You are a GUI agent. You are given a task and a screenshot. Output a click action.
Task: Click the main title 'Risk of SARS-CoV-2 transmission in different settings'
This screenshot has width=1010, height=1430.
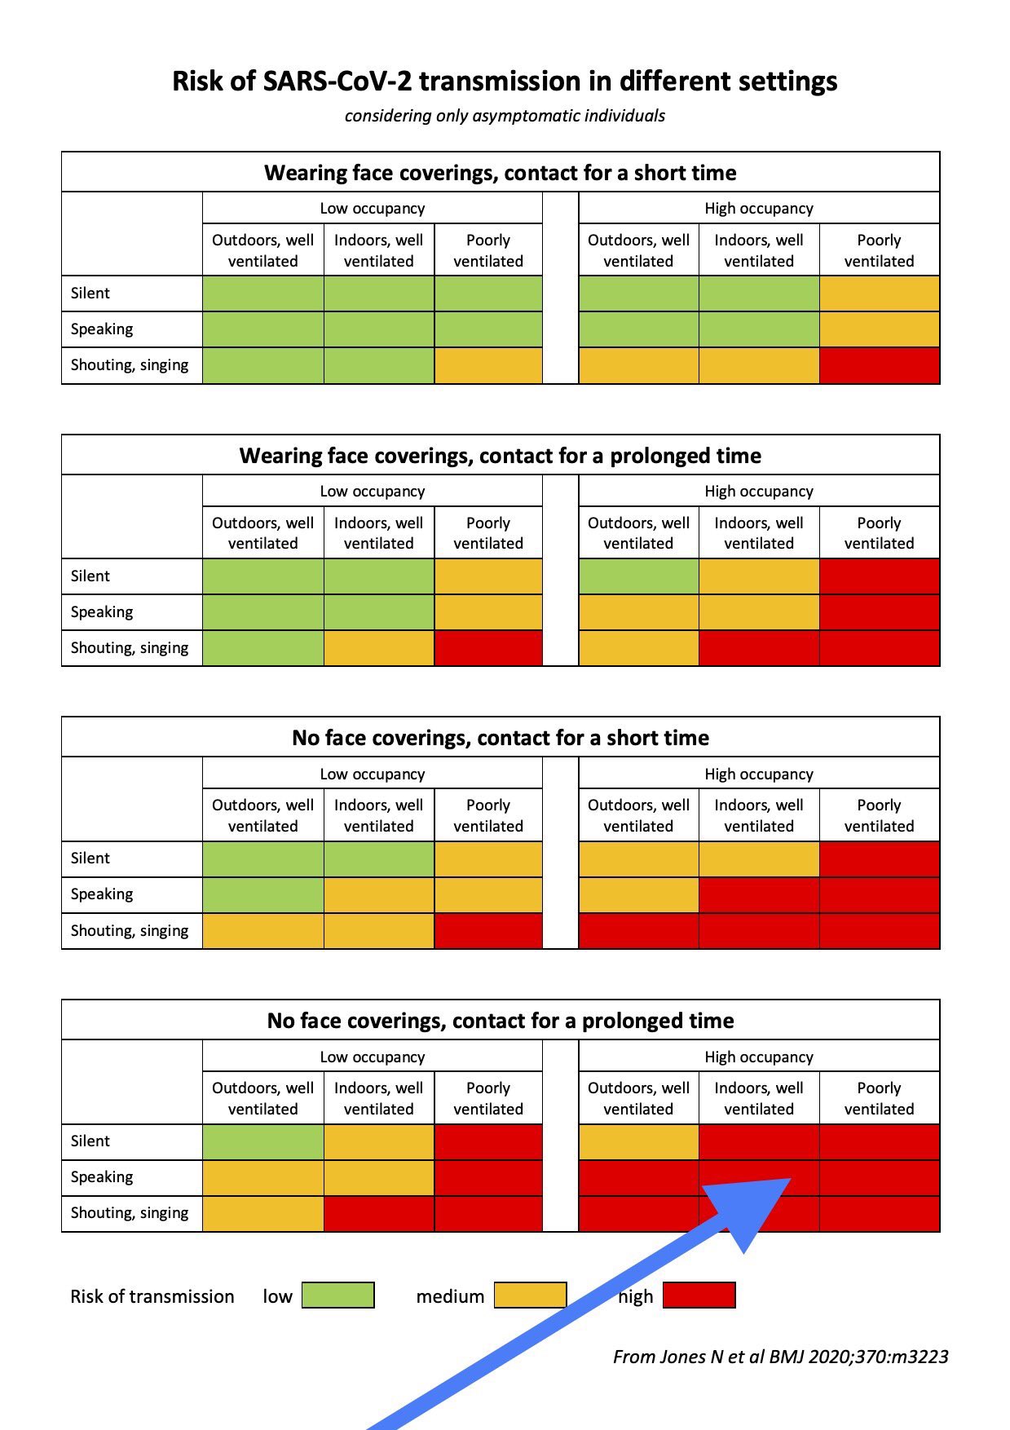point(505,82)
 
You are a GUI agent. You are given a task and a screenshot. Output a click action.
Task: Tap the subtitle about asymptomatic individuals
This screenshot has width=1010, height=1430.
point(505,116)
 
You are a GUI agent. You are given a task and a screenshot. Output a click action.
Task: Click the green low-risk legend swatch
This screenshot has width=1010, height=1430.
point(337,1295)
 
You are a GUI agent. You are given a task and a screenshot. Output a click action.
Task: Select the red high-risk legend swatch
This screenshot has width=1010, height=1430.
point(699,1295)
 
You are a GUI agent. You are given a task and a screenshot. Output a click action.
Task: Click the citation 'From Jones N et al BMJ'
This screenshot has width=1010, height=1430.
point(780,1357)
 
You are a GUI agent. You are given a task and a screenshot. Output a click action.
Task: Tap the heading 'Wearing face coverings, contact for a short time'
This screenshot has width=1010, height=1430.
point(500,173)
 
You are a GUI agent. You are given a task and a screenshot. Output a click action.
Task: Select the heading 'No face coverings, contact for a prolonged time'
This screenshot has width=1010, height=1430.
point(500,1021)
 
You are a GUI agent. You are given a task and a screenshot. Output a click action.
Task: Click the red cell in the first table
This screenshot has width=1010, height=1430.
point(879,366)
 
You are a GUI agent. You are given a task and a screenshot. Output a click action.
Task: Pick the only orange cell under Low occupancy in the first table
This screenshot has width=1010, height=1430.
point(487,366)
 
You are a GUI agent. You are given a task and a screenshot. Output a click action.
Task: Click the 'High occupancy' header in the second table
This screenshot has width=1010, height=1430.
point(758,491)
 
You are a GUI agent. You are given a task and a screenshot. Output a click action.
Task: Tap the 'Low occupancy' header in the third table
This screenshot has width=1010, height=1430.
point(372,774)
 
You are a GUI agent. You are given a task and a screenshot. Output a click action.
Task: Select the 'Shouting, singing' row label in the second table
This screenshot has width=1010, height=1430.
point(130,648)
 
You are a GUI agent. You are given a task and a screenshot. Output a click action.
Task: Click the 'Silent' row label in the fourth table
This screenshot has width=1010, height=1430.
point(90,1141)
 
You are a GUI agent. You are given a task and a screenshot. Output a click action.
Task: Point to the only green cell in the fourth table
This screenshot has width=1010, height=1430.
point(262,1141)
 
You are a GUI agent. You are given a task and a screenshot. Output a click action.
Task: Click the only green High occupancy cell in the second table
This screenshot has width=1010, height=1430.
point(638,576)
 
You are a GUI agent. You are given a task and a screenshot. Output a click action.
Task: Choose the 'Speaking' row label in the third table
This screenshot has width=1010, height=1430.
point(102,894)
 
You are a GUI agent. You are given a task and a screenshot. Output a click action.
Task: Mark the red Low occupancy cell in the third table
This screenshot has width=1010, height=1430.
point(487,931)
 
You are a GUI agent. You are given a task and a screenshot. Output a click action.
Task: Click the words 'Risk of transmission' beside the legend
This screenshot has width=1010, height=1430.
point(152,1296)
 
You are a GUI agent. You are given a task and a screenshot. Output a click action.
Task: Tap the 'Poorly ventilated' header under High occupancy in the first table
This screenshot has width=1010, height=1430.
point(879,250)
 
